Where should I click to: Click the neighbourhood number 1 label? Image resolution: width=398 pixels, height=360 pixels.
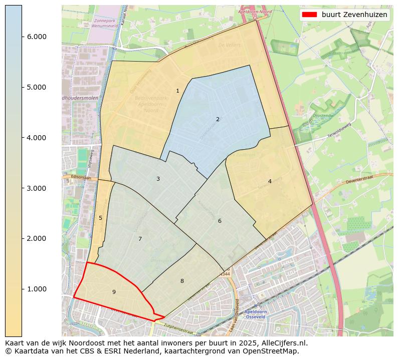coord(177,91)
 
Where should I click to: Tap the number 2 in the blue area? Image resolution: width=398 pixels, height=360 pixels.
coord(218,119)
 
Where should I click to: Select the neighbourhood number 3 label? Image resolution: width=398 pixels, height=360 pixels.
coord(158,179)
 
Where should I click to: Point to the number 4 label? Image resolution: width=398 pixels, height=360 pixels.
coord(270,181)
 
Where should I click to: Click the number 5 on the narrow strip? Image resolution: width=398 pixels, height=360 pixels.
coord(100,218)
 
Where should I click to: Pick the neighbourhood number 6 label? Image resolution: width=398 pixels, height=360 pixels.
coord(220,221)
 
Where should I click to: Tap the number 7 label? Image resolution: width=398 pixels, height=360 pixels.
coord(140,239)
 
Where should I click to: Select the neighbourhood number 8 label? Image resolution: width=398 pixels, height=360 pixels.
coord(182,281)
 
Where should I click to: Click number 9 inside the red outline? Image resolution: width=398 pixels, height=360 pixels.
coord(114,292)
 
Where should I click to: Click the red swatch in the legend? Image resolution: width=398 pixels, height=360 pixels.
coord(310,15)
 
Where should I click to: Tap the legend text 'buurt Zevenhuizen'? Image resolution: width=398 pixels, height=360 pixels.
coord(354,15)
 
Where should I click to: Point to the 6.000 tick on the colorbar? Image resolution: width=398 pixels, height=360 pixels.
coord(36,37)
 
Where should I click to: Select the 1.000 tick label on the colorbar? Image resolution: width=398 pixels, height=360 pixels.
coord(36,289)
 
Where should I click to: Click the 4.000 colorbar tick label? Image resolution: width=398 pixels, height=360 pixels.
coord(36,138)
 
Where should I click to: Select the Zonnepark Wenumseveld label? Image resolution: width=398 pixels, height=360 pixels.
coord(105,23)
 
